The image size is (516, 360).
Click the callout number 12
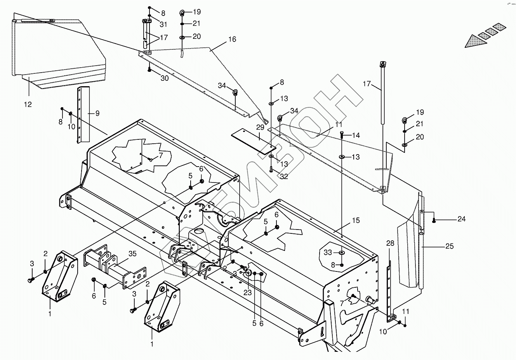28,104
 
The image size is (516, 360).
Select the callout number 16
232,40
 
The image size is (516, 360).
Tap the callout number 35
132,254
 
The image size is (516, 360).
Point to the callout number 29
260,127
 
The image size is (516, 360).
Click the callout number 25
450,246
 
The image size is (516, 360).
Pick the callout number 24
461,219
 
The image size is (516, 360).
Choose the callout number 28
390,243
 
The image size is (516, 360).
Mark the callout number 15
356,221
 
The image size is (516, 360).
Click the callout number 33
328,252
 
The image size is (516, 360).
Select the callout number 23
248,293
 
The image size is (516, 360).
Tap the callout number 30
165,78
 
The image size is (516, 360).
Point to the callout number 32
284,177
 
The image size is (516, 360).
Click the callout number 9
97,113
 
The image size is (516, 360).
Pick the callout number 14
356,136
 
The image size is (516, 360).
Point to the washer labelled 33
342,253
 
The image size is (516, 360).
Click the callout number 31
163,24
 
